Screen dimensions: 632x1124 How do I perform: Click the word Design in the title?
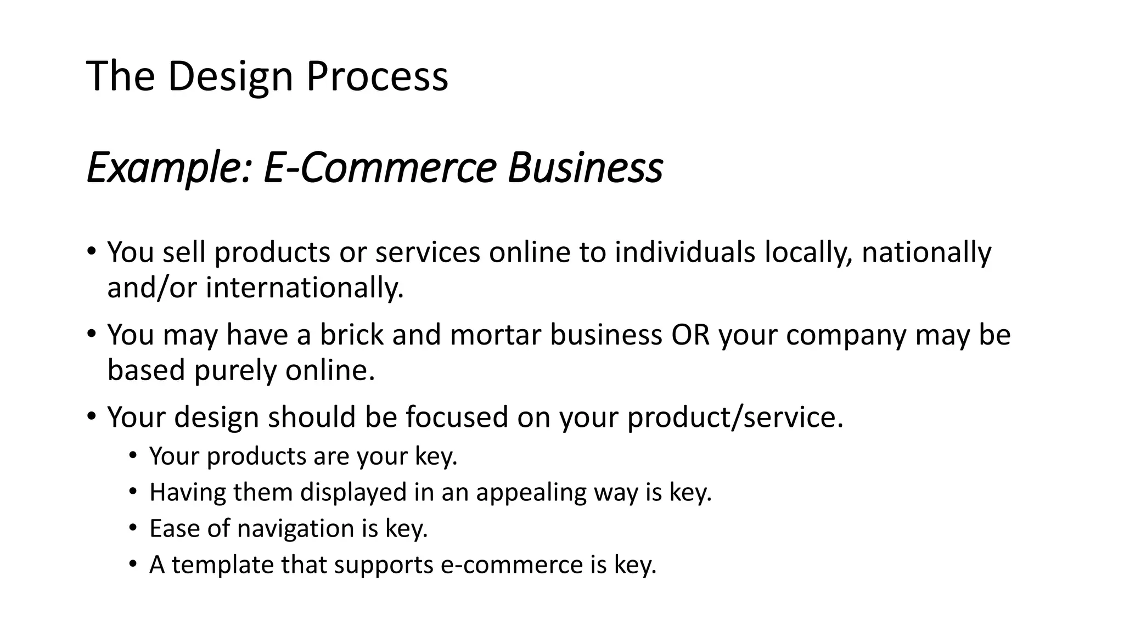230,77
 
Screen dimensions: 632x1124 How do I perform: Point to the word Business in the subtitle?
585,167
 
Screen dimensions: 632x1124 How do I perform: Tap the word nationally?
926,252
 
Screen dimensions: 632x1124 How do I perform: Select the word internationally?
305,287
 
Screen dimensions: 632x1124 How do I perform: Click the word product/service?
735,417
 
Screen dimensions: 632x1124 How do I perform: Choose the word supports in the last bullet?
383,565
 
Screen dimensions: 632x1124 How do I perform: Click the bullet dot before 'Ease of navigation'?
132,528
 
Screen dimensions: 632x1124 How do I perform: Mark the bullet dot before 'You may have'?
91,334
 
